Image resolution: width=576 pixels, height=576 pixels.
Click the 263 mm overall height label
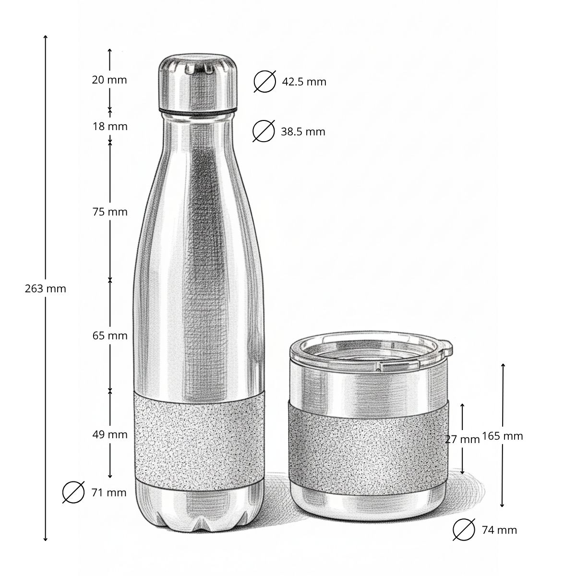[45, 288]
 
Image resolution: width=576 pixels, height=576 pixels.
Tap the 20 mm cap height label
[109, 80]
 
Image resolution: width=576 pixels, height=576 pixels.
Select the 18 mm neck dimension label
[110, 127]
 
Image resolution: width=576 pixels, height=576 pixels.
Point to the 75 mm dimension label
[110, 212]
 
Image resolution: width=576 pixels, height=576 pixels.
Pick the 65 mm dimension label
[110, 336]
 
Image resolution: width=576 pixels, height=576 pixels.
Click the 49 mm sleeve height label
[110, 434]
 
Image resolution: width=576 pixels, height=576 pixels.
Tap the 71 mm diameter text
[108, 492]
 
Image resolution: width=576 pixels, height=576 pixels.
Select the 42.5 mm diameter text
[304, 82]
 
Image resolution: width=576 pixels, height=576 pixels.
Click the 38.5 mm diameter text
[303, 132]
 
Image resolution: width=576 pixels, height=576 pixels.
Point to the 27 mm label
[462, 439]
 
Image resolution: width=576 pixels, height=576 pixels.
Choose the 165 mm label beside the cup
[502, 436]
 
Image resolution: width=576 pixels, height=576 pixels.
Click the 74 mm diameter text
[499, 530]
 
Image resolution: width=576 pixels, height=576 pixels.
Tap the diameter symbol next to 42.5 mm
[265, 82]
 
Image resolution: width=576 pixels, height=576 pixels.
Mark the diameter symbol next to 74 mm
[464, 530]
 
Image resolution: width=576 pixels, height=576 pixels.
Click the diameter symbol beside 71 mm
[73, 492]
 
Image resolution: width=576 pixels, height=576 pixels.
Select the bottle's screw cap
[198, 82]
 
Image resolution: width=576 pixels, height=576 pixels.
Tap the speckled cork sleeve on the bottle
[199, 434]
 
